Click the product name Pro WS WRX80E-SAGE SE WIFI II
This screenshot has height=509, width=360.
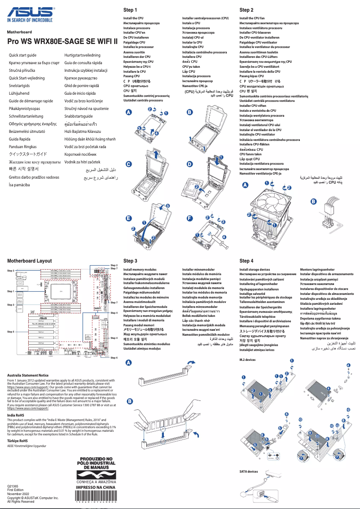[x=62, y=40]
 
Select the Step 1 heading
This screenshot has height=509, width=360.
[x=130, y=10]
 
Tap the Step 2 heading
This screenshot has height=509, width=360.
[x=246, y=10]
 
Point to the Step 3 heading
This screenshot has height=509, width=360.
[x=130, y=260]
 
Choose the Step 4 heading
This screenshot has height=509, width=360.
[x=246, y=260]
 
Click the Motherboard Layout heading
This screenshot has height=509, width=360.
[x=29, y=261]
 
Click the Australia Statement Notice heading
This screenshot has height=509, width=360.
[x=28, y=375]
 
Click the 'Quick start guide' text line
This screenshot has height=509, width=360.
[x=23, y=55]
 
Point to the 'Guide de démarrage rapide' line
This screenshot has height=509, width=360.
[x=31, y=101]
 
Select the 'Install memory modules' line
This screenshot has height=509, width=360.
[x=140, y=270]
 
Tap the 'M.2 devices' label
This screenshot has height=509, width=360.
[x=247, y=360]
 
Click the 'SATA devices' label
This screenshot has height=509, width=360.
[x=249, y=472]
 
